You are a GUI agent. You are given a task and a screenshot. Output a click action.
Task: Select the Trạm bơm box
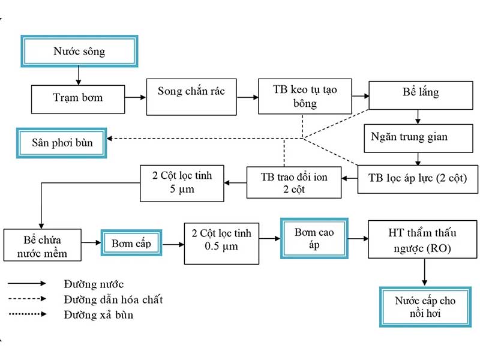tap(79, 98)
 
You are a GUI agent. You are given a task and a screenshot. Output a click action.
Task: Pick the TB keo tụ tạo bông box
tap(304, 96)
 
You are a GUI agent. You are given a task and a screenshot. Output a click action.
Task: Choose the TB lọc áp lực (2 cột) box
tap(418, 178)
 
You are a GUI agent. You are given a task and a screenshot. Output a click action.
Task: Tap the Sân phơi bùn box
tap(62, 143)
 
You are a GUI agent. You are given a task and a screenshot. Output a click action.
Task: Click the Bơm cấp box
tap(131, 244)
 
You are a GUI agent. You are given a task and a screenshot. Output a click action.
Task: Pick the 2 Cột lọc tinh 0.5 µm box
tap(221, 244)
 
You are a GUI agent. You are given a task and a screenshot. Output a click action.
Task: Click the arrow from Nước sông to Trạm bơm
tap(78, 76)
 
